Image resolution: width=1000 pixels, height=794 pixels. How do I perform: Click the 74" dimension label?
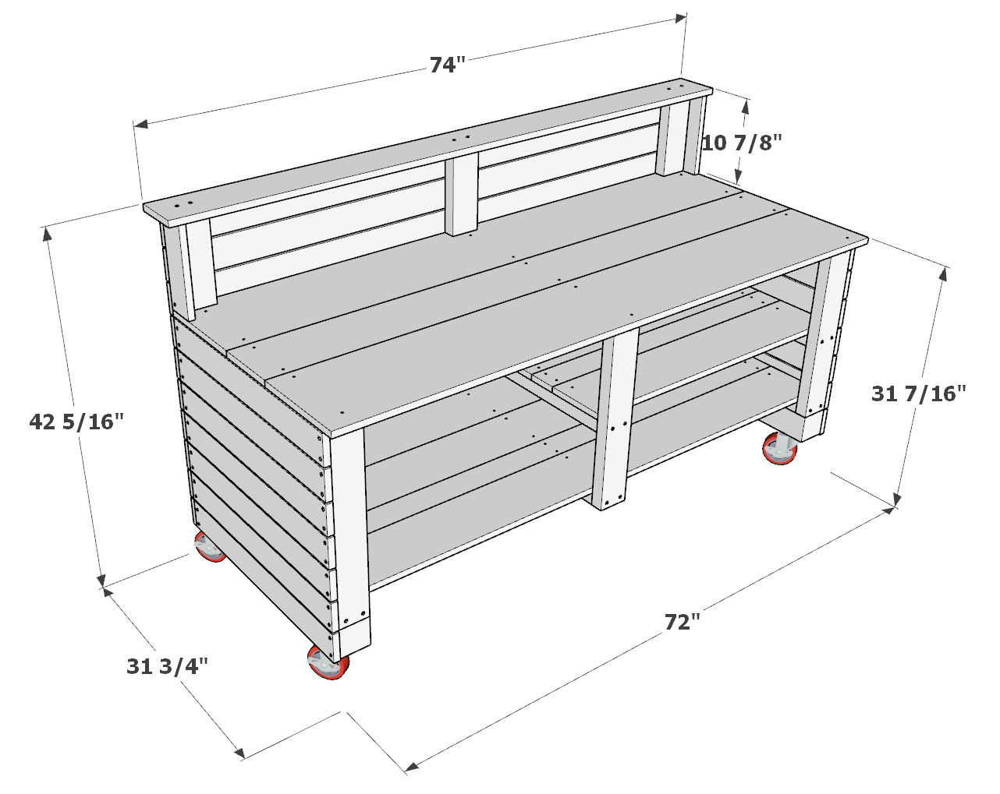pos(447,65)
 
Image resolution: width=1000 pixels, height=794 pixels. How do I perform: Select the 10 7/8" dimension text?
pos(741,143)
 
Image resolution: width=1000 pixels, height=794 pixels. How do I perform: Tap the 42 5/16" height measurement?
pos(76,422)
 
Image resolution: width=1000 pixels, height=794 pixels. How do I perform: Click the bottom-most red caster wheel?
pos(328,664)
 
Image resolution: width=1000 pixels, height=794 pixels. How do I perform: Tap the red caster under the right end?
pos(778,450)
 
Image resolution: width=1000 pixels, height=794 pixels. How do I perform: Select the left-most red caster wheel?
pos(209,547)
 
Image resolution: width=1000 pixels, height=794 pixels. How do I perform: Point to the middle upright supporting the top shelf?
pos(463,195)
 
